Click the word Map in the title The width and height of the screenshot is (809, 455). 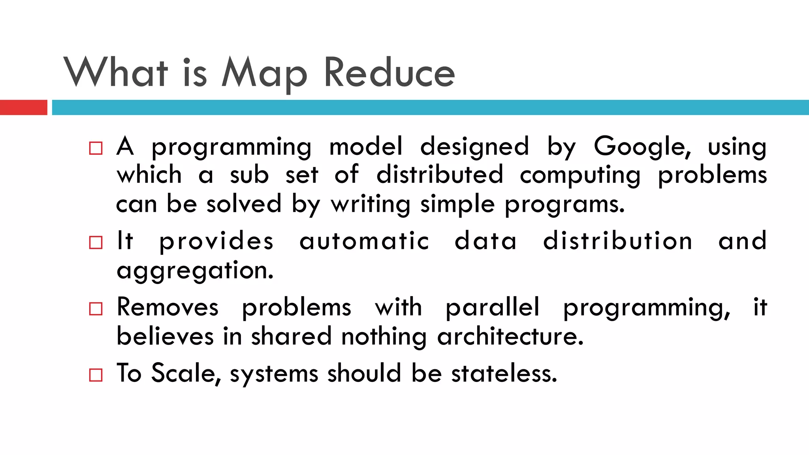(264, 73)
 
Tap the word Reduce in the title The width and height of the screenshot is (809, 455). (389, 73)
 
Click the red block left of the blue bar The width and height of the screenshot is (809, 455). (23, 107)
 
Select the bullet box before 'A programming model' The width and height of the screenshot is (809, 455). (96, 148)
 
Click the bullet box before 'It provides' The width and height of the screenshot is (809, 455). (96, 243)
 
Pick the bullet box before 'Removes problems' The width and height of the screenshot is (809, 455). (96, 308)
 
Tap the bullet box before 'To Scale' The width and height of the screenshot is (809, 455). (96, 375)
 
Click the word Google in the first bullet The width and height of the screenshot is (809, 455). (642, 147)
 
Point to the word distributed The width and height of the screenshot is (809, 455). (440, 175)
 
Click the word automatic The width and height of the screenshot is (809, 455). (364, 241)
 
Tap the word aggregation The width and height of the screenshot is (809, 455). (195, 271)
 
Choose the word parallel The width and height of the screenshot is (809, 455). (492, 307)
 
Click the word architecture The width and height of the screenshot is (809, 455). (510, 337)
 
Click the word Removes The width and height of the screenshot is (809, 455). (167, 307)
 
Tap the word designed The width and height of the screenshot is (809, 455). (474, 147)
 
